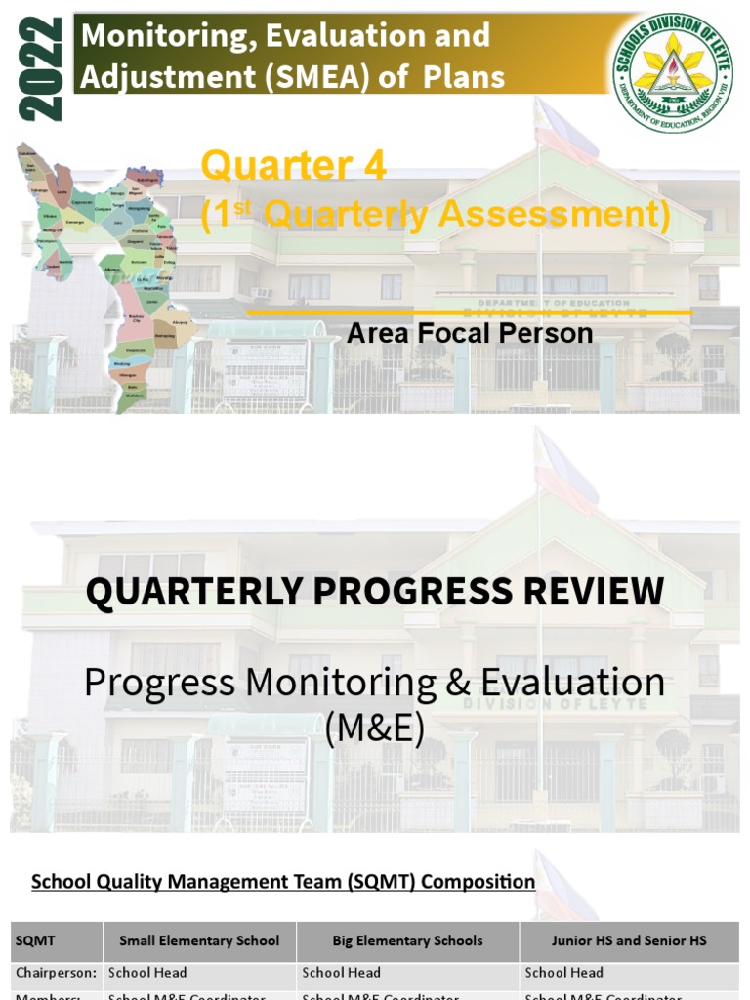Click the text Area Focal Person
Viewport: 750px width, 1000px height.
[x=470, y=333]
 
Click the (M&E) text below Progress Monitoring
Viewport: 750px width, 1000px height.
[x=375, y=728]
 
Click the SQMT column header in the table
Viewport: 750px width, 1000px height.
[x=35, y=940]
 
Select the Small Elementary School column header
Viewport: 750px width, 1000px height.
[x=199, y=940]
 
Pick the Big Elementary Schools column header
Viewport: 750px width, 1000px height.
[x=407, y=940]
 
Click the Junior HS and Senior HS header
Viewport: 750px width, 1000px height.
[x=629, y=940]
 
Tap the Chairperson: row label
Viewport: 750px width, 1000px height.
[x=56, y=973]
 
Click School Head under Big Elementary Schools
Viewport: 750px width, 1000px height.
[x=342, y=973]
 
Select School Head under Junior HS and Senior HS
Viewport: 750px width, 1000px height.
[x=564, y=973]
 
